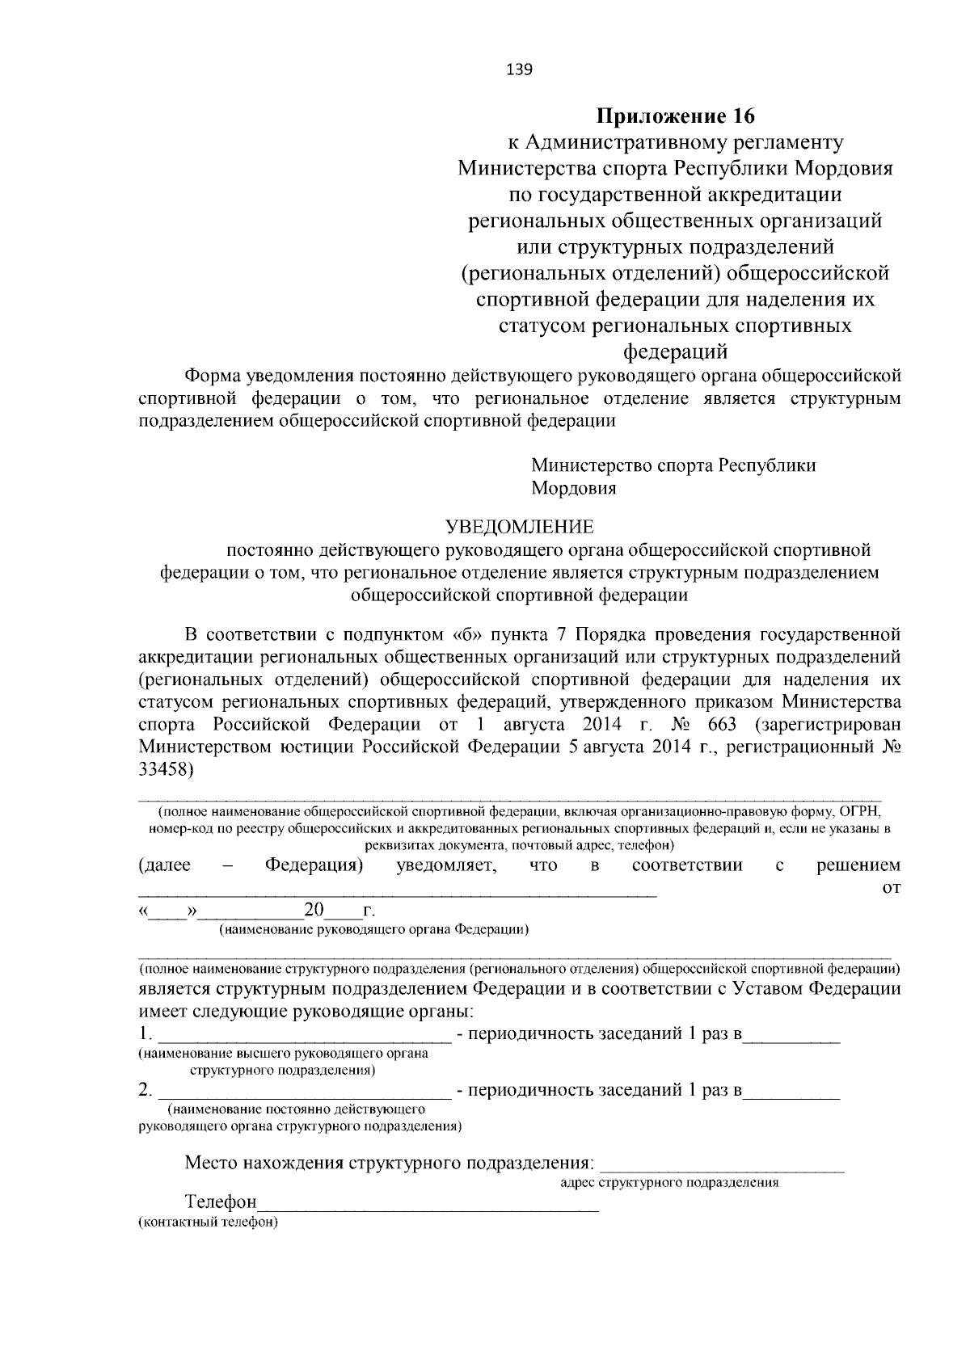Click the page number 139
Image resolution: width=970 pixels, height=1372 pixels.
click(x=518, y=70)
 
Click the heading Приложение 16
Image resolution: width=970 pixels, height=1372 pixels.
click(x=675, y=116)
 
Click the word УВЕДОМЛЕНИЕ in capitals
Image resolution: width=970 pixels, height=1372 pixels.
click(x=520, y=528)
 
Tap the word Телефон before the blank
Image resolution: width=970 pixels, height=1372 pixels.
click(x=221, y=1202)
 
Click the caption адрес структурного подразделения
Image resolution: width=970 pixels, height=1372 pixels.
click(x=669, y=1183)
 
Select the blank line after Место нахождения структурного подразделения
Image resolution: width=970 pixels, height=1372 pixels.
click(x=723, y=1165)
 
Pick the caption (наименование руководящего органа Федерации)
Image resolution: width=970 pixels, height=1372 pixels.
click(x=374, y=930)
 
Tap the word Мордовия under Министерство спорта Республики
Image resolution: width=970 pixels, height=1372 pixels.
click(x=573, y=489)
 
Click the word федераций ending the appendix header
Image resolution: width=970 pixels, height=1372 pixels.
click(x=675, y=352)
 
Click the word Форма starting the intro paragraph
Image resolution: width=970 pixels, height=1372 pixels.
click(x=213, y=377)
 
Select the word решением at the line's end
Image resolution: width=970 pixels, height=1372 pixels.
click(x=858, y=866)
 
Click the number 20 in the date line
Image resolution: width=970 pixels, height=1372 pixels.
click(x=313, y=911)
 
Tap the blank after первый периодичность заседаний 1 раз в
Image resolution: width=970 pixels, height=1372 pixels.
click(x=792, y=1037)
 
